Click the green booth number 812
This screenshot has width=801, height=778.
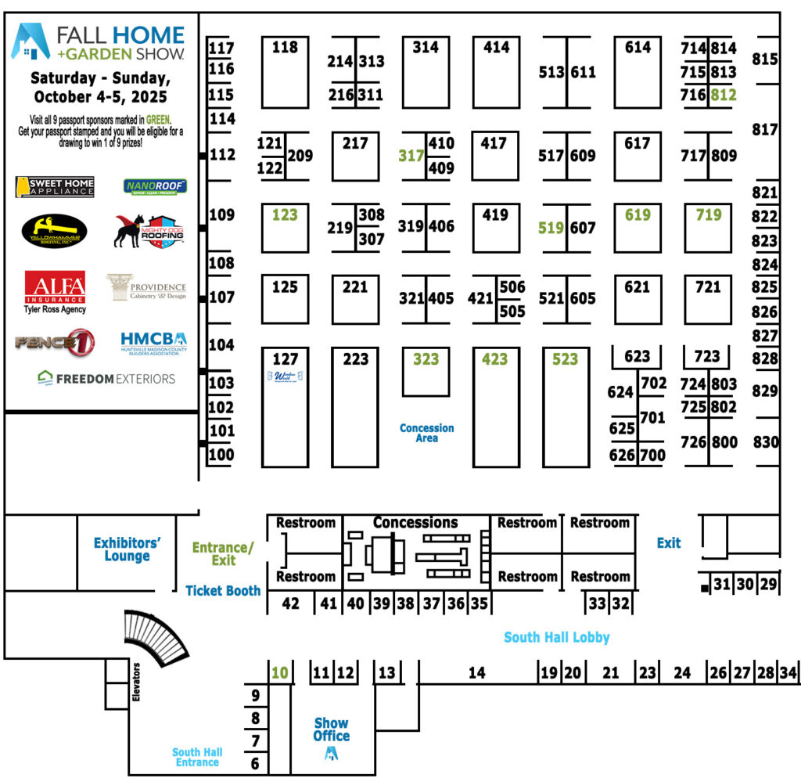tap(724, 95)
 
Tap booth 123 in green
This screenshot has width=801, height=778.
tap(285, 214)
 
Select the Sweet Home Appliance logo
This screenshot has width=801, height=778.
tap(55, 187)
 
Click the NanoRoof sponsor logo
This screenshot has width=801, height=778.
tap(155, 186)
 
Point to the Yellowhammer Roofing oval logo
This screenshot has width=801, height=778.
tap(55, 231)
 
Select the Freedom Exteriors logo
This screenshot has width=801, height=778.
tap(106, 378)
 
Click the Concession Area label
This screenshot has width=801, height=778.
tap(426, 433)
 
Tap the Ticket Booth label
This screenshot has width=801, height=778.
tap(223, 591)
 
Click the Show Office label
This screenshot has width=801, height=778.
tap(332, 729)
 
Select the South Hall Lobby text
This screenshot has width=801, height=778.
tap(556, 637)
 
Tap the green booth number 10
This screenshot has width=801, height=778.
tap(279, 672)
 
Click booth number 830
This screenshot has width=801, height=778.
tap(766, 442)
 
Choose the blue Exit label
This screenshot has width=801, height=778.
tap(669, 542)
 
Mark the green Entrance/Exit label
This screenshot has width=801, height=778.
tap(224, 554)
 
